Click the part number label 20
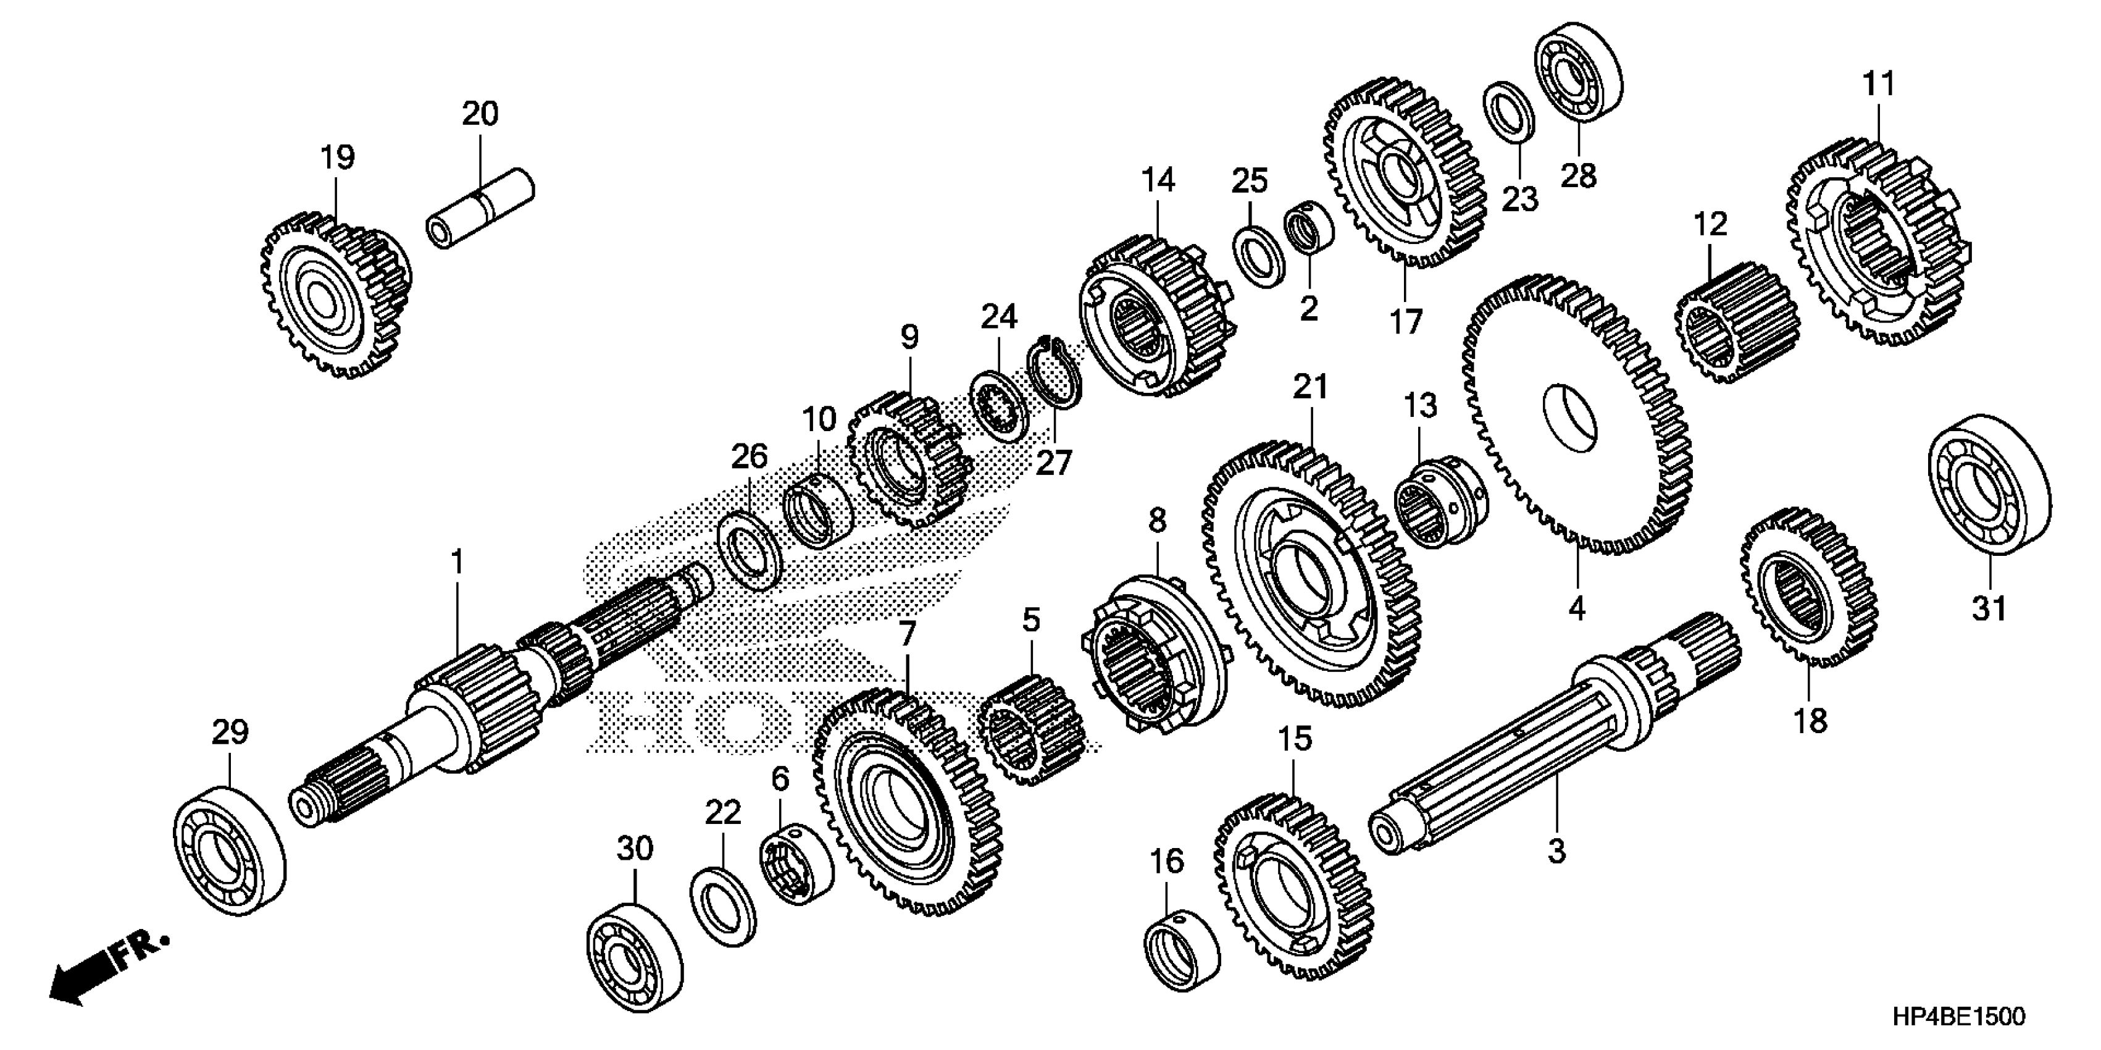tap(480, 114)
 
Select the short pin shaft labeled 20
tap(480, 209)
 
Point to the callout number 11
tap(1878, 84)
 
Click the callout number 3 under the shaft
tap(1557, 852)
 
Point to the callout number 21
tap(1311, 387)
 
